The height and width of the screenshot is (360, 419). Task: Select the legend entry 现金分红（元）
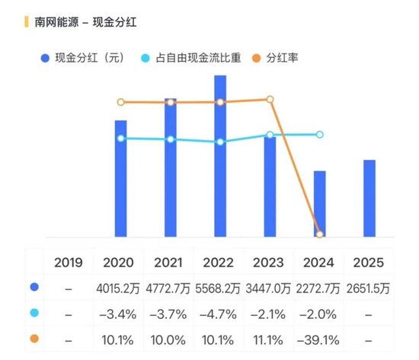[84, 58]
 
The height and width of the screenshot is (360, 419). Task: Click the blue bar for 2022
[220, 156]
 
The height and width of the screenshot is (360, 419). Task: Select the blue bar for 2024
[320, 203]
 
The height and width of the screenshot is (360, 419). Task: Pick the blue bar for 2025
[369, 198]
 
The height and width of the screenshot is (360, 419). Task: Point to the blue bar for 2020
[120, 178]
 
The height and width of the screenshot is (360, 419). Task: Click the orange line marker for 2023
[270, 99]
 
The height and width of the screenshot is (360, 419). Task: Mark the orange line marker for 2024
[320, 234]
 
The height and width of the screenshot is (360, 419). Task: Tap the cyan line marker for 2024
[320, 135]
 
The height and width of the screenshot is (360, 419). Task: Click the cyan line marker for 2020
[120, 139]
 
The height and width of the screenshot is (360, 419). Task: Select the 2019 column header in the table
[69, 263]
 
